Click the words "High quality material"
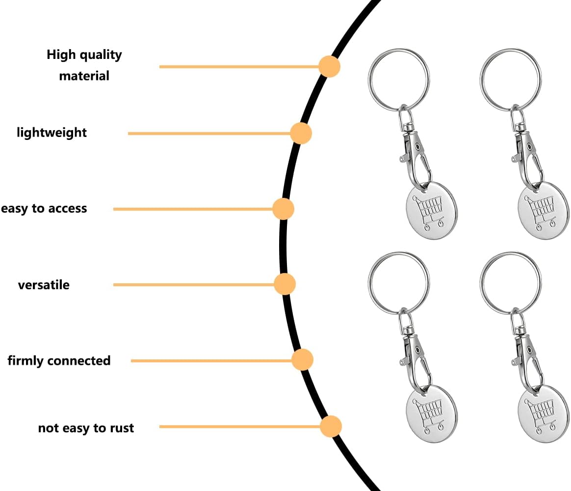(84, 65)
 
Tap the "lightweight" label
(52, 133)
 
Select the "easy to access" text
(44, 208)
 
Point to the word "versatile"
(44, 285)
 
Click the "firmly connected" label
(59, 361)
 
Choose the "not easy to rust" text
(86, 428)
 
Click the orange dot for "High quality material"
(329, 66)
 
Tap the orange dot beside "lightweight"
(301, 133)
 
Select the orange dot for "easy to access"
(283, 209)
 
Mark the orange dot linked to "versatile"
(285, 284)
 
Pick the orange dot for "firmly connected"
(302, 360)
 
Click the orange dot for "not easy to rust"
(331, 426)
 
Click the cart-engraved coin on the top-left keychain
(432, 211)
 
